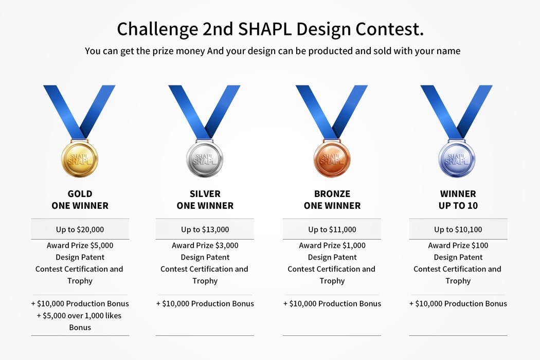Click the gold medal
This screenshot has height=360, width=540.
click(x=80, y=159)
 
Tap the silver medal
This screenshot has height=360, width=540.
click(x=205, y=159)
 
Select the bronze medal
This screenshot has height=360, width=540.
click(x=332, y=159)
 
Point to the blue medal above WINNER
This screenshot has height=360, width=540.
click(x=457, y=159)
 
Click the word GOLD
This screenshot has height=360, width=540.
click(x=80, y=193)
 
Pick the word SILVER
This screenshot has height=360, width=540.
click(x=205, y=193)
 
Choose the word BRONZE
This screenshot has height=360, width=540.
click(x=332, y=193)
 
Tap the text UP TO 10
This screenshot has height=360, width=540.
click(x=458, y=206)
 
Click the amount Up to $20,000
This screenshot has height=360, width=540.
click(x=80, y=229)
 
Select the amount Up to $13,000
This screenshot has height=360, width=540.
click(x=205, y=229)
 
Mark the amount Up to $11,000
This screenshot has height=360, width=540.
click(x=332, y=229)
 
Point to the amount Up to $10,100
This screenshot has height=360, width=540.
click(x=458, y=229)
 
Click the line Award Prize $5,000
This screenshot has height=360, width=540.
click(x=80, y=245)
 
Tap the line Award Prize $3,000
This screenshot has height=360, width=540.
click(x=205, y=245)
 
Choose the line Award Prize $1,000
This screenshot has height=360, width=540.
click(x=332, y=245)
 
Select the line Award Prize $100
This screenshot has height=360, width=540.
click(x=458, y=245)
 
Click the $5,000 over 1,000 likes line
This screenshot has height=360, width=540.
click(x=79, y=316)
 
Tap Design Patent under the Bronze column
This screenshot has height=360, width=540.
click(x=332, y=257)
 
